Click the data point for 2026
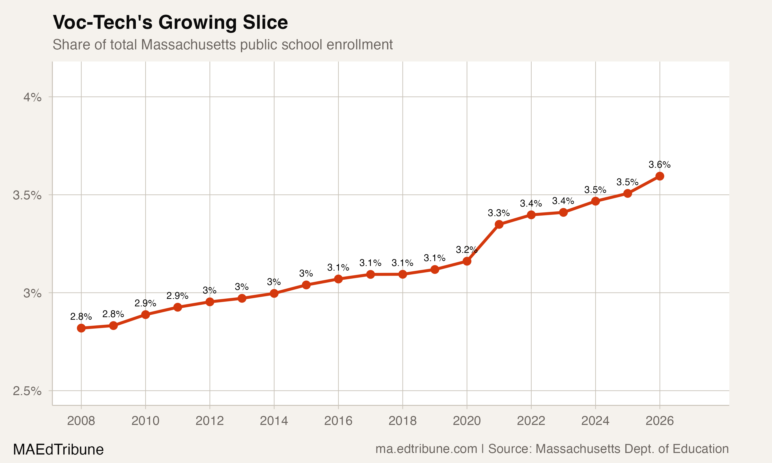pos(659,176)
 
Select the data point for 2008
pos(81,328)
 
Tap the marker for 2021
pos(499,224)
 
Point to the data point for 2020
pos(467,261)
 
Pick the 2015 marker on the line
pos(306,285)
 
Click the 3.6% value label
pos(659,164)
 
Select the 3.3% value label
pos(499,213)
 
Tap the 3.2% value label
pos(466,250)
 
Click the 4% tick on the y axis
pos(32,97)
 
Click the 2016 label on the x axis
pos(338,421)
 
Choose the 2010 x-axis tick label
pos(145,421)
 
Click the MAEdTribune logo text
pos(58,450)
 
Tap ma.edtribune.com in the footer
pos(426,449)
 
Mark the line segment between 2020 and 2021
pos(483,242)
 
